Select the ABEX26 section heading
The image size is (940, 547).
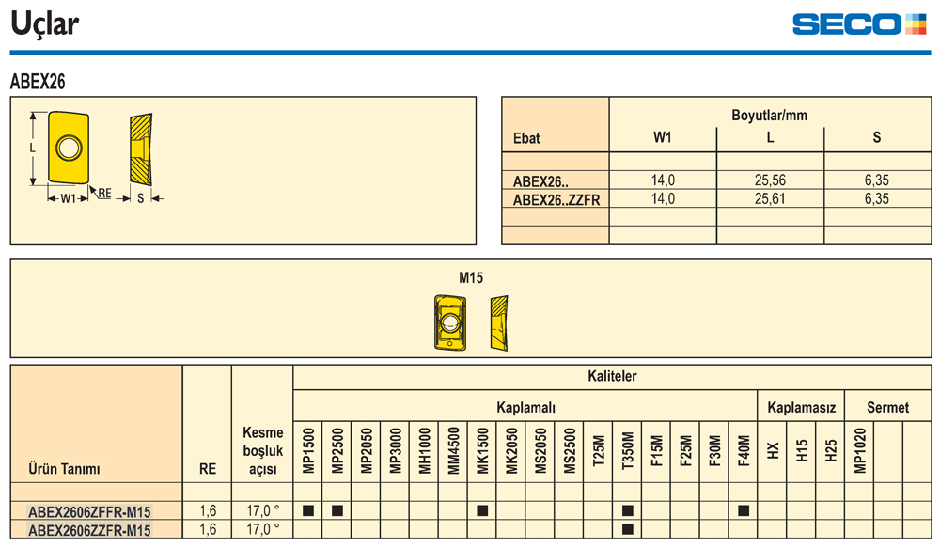[x=38, y=82]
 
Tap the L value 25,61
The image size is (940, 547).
[x=770, y=199]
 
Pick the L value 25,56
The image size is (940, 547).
[x=770, y=180]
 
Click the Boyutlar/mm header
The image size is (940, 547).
[x=769, y=116]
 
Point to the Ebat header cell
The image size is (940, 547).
[x=526, y=138]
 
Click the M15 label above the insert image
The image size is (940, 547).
[x=471, y=277]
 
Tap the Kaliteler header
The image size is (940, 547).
[x=612, y=376]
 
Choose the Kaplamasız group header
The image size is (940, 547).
[x=801, y=408]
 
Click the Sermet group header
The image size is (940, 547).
[x=887, y=408]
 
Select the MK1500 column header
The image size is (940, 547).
[x=482, y=451]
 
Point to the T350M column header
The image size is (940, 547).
[x=628, y=451]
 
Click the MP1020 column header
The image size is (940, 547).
[x=859, y=451]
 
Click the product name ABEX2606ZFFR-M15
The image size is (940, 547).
[x=89, y=511]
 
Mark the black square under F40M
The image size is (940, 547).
[x=744, y=510]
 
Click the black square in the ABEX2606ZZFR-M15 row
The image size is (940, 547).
[x=628, y=529]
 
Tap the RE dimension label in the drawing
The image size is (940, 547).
[x=104, y=193]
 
